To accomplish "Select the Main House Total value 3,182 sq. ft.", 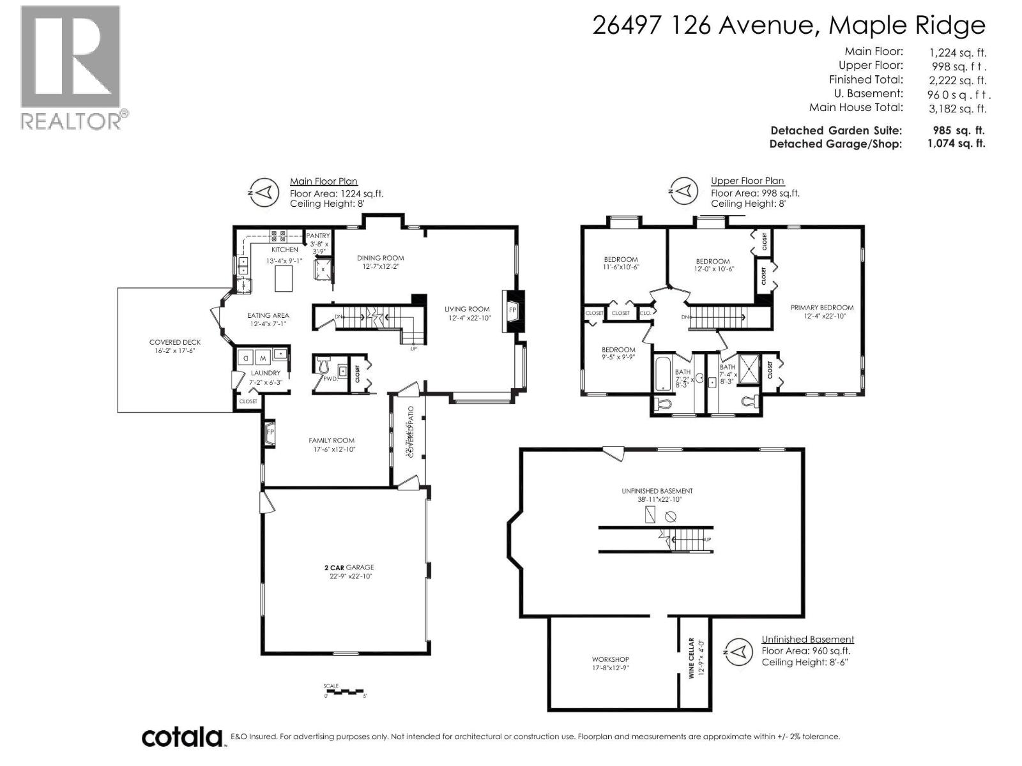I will click(x=957, y=109).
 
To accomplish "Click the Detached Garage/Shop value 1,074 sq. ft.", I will click(x=956, y=144).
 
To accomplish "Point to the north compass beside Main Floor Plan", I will click(x=264, y=191).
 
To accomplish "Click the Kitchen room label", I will click(x=285, y=250).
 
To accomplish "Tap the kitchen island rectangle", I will click(x=284, y=279).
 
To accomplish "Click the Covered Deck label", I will click(x=175, y=342).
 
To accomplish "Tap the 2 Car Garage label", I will click(x=349, y=567).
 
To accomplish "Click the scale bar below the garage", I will click(x=344, y=692).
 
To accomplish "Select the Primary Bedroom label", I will click(x=822, y=307).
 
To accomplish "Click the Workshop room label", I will click(x=611, y=659).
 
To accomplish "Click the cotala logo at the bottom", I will click(x=181, y=737).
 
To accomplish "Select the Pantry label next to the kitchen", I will click(x=318, y=236).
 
